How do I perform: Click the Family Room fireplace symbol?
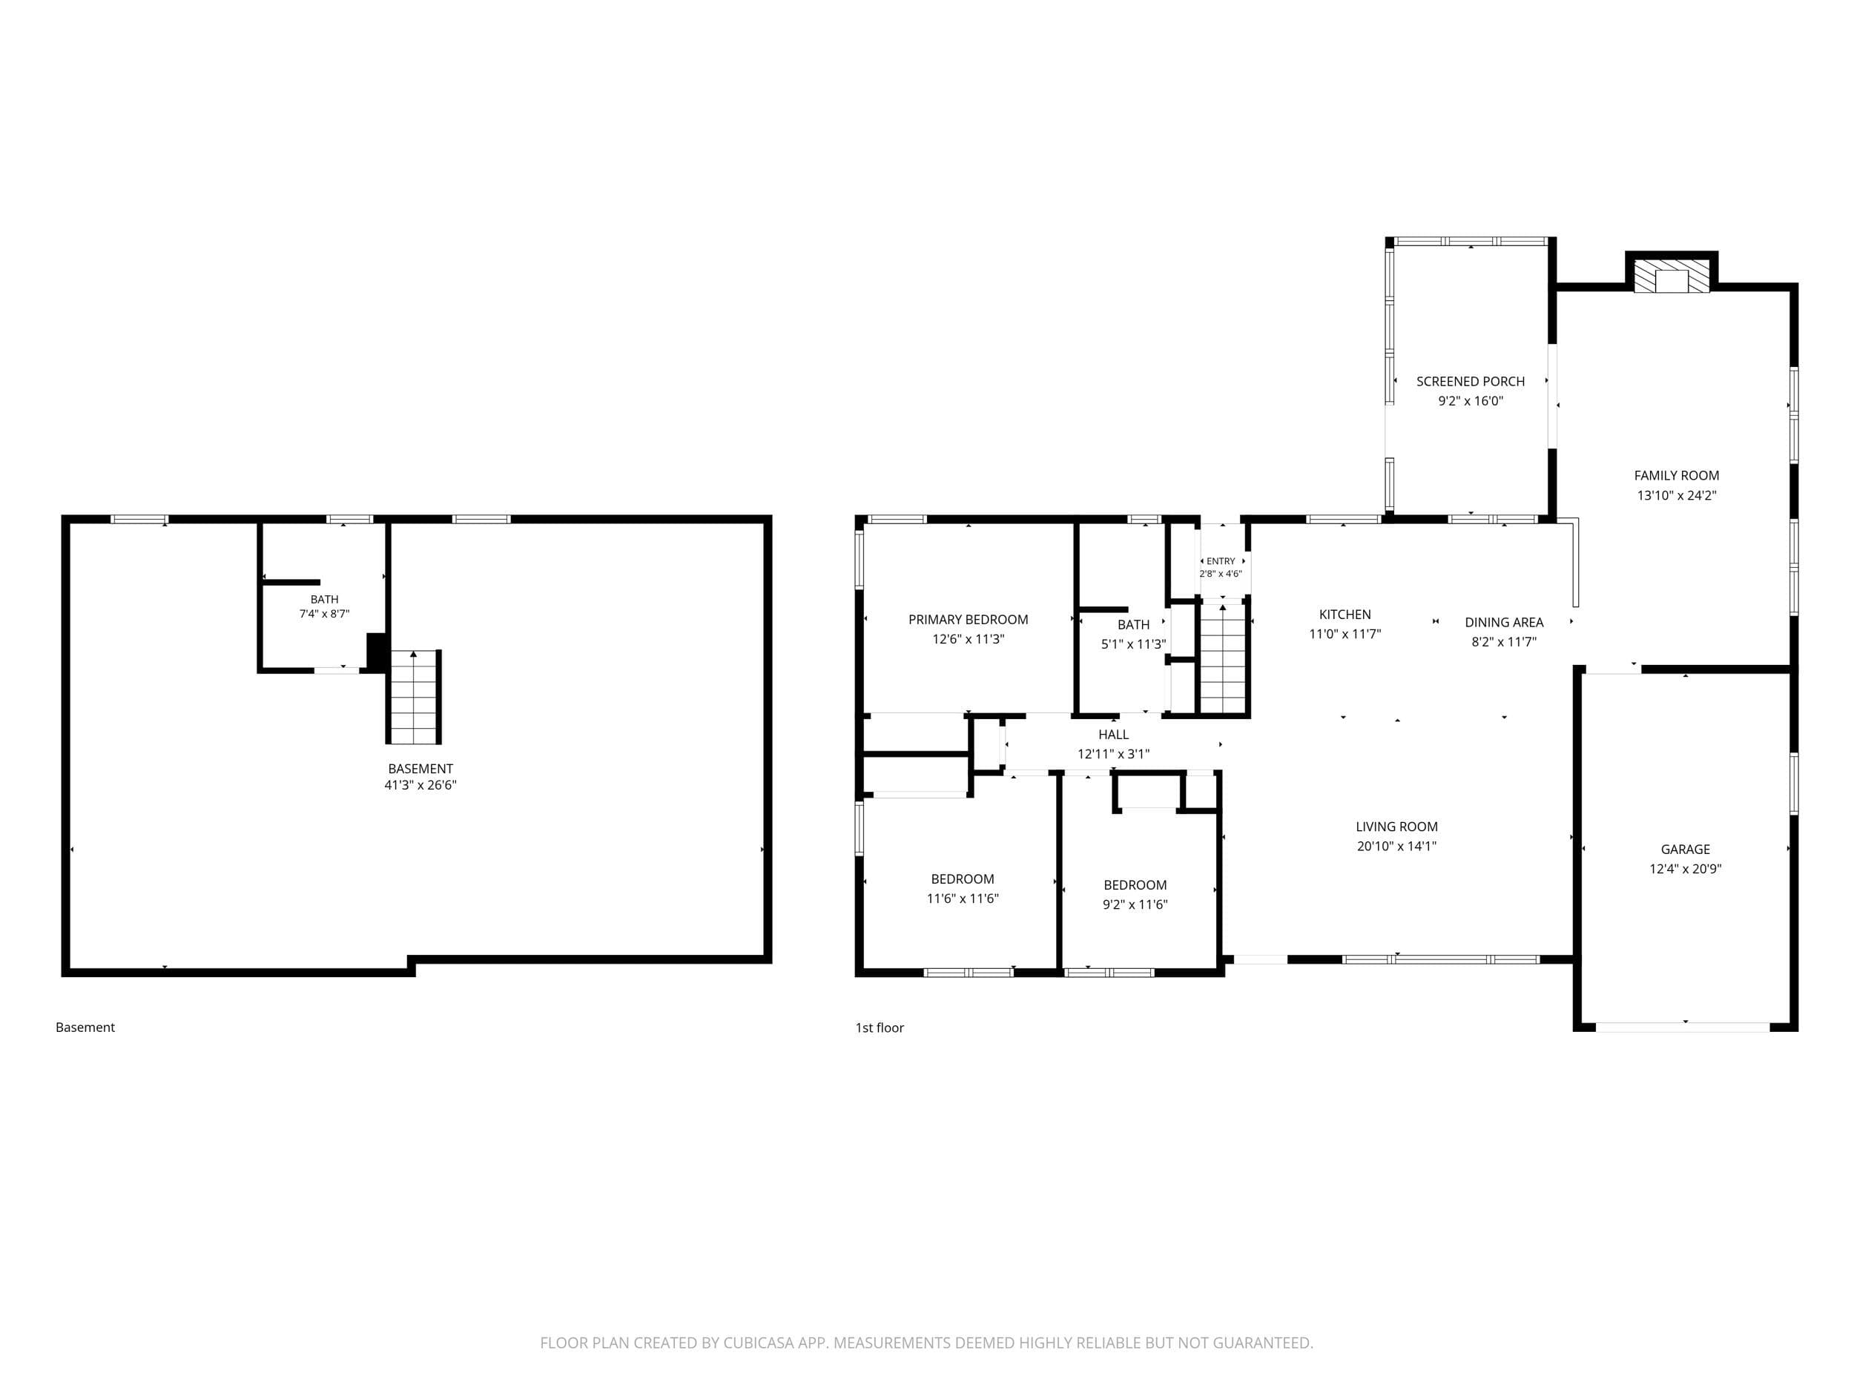tap(1672, 276)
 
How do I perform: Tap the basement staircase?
tap(413, 696)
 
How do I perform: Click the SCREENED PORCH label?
tap(1470, 381)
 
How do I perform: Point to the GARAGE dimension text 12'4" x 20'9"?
tap(1685, 869)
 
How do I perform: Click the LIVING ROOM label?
tap(1396, 826)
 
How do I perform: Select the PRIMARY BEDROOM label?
tap(968, 619)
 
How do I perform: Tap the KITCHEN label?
tap(1345, 614)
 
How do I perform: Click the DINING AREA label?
tap(1504, 622)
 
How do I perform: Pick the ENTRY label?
tap(1221, 561)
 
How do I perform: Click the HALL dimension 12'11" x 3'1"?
tap(1113, 754)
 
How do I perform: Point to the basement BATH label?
tap(324, 599)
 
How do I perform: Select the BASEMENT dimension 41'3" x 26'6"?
tap(420, 785)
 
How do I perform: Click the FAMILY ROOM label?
tap(1676, 475)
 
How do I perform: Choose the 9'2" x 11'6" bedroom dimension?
tap(1135, 904)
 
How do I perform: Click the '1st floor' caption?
tap(880, 1027)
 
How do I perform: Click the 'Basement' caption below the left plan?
tap(85, 1027)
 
